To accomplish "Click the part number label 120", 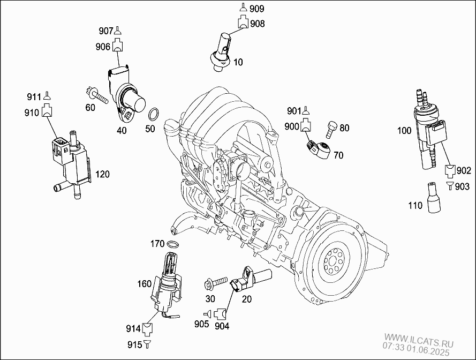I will coord(102,175).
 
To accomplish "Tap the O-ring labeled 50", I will coord(153,114).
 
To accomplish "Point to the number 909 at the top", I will coord(257,9).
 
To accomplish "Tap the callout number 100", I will coord(404,130).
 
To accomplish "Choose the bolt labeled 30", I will coord(216,282).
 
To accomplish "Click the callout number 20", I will coord(246,299).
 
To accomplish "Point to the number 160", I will coord(144,284).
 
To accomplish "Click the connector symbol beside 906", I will coord(118,47).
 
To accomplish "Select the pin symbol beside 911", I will coord(47,96).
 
